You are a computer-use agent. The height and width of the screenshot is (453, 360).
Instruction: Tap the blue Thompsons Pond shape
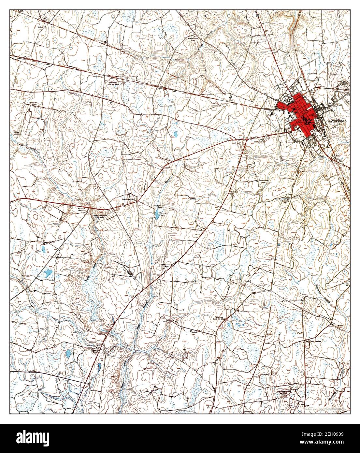click(x=157, y=214)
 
